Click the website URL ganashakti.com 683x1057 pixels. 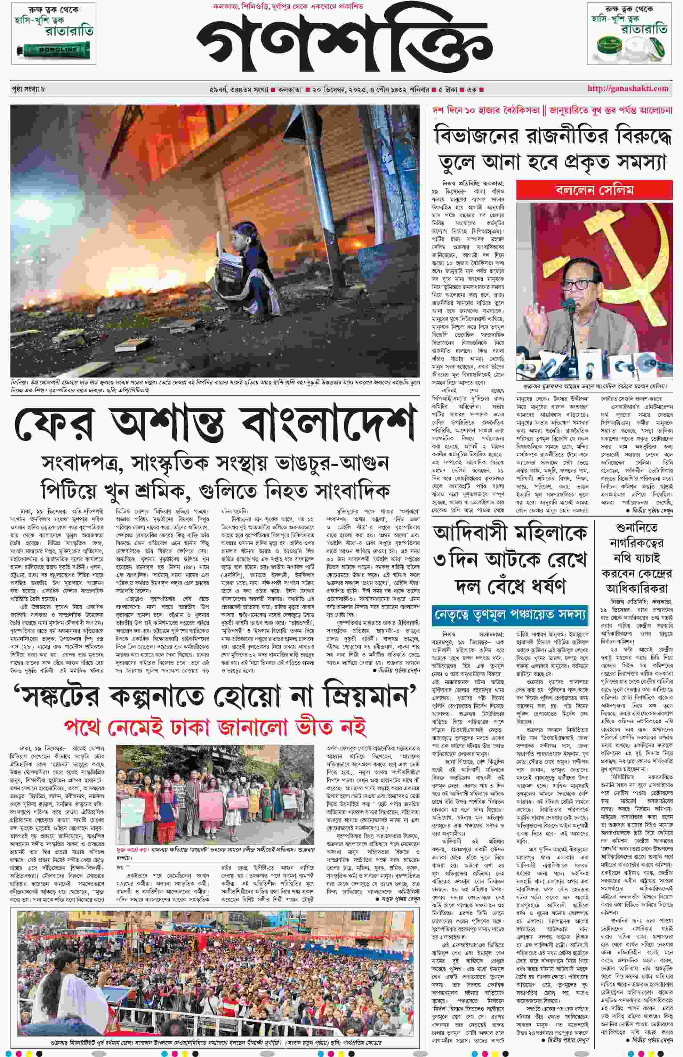pos(628,88)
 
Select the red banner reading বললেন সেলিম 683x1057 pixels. pos(594,190)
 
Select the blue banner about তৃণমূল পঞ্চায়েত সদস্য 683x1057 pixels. pos(510,615)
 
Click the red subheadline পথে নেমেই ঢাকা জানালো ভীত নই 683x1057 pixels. pos(215,727)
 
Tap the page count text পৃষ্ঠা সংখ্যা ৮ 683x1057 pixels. pos(29,89)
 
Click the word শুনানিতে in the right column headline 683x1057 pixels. pos(636,528)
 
